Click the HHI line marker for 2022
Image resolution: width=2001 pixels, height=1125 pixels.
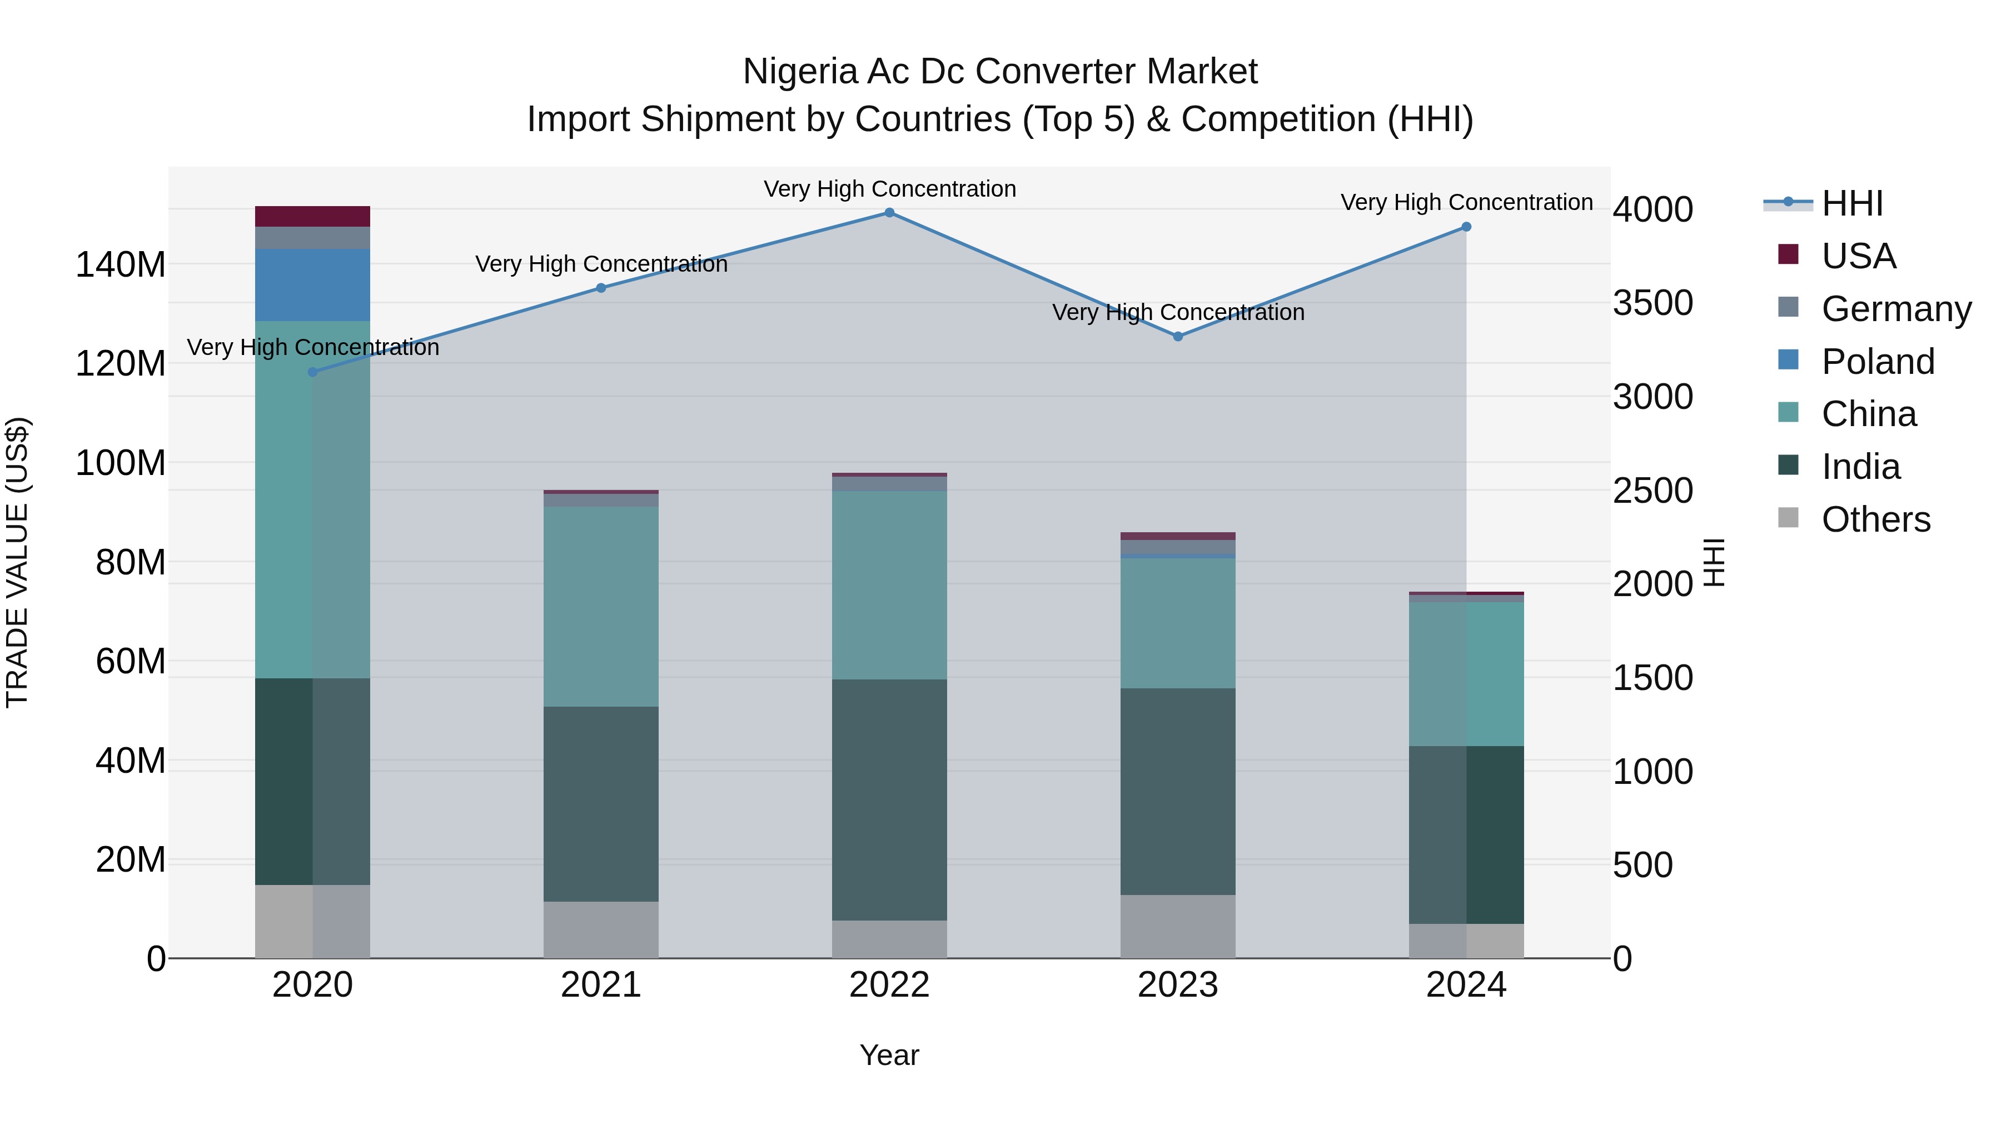click(x=889, y=213)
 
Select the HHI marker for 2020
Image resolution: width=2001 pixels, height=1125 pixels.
click(x=313, y=372)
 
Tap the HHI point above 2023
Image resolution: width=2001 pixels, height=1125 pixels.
click(x=1178, y=336)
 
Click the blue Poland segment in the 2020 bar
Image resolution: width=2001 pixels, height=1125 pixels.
click(x=312, y=285)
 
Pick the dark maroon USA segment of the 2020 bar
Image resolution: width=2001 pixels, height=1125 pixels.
click(x=312, y=217)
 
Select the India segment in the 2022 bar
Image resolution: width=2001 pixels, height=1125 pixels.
click(x=889, y=799)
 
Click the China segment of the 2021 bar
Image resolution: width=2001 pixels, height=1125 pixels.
click(x=600, y=606)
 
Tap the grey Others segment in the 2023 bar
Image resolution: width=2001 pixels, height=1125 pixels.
click(x=1178, y=926)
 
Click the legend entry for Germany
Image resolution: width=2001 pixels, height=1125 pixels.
click(x=1895, y=309)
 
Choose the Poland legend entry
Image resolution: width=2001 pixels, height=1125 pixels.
click(x=1878, y=362)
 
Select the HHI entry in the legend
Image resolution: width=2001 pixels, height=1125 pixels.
click(x=1852, y=203)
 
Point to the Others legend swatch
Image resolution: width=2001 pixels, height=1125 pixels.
click(x=1788, y=518)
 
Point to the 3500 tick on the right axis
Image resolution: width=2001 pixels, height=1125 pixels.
click(x=1652, y=303)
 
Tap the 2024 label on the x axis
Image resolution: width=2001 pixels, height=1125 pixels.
click(x=1466, y=985)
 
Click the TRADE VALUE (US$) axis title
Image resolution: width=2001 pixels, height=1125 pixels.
click(x=17, y=562)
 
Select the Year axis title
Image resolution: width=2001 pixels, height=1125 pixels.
click(x=889, y=1055)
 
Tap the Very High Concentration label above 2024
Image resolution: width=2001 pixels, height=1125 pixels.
click(x=1466, y=202)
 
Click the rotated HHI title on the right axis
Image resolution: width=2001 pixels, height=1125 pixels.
click(x=1714, y=562)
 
